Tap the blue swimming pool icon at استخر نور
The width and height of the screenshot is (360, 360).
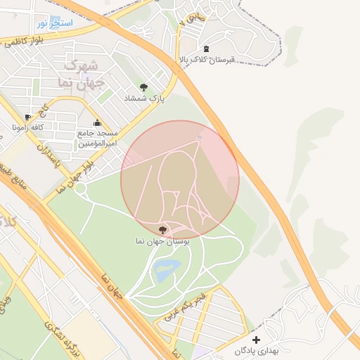55,22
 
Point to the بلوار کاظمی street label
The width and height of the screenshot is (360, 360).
22,41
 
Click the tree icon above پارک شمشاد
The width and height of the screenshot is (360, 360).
144,88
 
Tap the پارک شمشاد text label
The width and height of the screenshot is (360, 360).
144,99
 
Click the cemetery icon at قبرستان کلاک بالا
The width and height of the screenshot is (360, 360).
205,49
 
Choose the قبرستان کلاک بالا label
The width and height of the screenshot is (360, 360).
205,60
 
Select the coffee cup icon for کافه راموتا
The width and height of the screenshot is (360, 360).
27,117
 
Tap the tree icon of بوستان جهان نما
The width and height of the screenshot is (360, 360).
163,230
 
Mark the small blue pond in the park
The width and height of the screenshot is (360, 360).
167,268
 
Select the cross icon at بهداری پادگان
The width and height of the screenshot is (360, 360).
256,340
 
